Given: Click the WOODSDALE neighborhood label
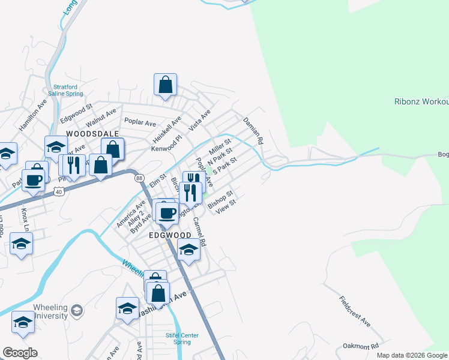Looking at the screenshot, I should (x=93, y=133).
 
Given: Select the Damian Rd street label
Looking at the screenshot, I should (x=253, y=131).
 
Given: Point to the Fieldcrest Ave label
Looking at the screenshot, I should (x=355, y=311).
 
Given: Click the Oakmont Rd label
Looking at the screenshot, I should (x=361, y=346).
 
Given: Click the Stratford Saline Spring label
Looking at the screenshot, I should (x=68, y=90).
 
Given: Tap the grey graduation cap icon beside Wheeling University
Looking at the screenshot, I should (x=76, y=310).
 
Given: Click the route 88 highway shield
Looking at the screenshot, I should (x=139, y=178).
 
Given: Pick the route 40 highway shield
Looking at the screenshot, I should (x=58, y=191).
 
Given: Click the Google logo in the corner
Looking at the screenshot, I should (x=20, y=353).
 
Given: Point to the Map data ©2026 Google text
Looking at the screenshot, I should (x=412, y=355).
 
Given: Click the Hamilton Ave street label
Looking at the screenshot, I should (x=33, y=114).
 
